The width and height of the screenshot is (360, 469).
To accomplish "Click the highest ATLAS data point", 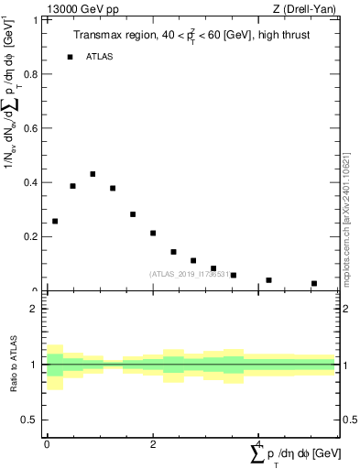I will pyautogui.click(x=93, y=173).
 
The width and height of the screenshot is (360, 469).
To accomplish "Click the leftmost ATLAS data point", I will pyautogui.click(x=55, y=221).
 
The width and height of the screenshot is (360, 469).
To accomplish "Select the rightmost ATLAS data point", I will pyautogui.click(x=314, y=283).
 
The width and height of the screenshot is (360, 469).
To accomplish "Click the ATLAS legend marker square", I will pyautogui.click(x=70, y=57).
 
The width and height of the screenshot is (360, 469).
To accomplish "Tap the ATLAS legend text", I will pyautogui.click(x=99, y=57).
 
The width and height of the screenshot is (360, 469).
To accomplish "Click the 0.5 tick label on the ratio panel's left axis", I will pyautogui.click(x=29, y=420).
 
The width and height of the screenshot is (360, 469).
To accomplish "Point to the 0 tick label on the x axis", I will pyautogui.click(x=47, y=443).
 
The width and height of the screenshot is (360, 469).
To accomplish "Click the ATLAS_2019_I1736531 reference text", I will pyautogui.click(x=189, y=274).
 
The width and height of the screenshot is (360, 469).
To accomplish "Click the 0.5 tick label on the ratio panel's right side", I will pyautogui.click(x=349, y=420).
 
